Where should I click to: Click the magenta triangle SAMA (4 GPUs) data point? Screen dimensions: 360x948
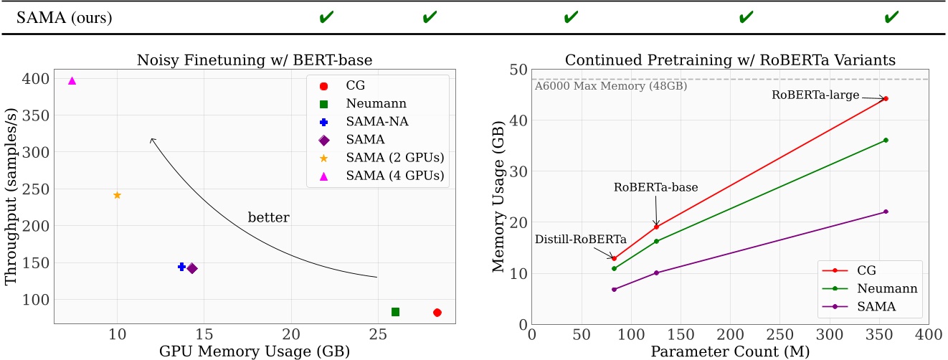(x=72, y=81)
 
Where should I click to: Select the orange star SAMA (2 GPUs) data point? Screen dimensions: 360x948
(x=117, y=195)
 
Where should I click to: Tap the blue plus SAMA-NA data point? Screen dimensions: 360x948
(x=181, y=267)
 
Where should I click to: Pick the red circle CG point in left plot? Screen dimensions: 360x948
(x=437, y=313)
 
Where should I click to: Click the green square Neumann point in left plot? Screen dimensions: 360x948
(x=395, y=312)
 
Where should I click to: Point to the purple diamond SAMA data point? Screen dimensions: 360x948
(x=192, y=268)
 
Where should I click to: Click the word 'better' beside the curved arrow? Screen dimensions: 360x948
(x=268, y=217)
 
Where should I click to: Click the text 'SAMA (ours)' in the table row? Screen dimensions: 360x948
(x=66, y=17)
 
